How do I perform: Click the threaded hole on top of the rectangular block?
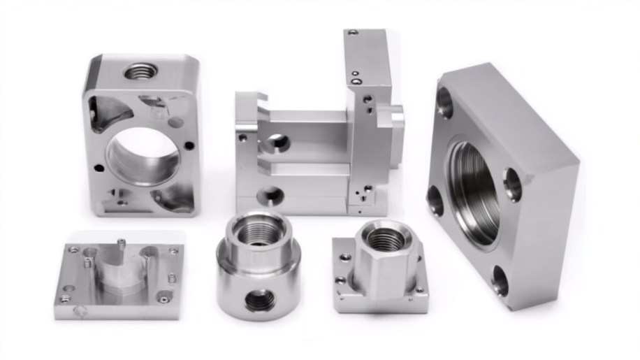pyautogui.click(x=141, y=71)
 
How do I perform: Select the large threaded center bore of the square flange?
pyautogui.click(x=475, y=192)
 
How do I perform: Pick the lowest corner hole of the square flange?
pyautogui.click(x=500, y=280)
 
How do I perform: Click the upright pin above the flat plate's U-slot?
pyautogui.click(x=122, y=245)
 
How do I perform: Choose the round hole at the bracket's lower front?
pyautogui.click(x=269, y=195)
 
